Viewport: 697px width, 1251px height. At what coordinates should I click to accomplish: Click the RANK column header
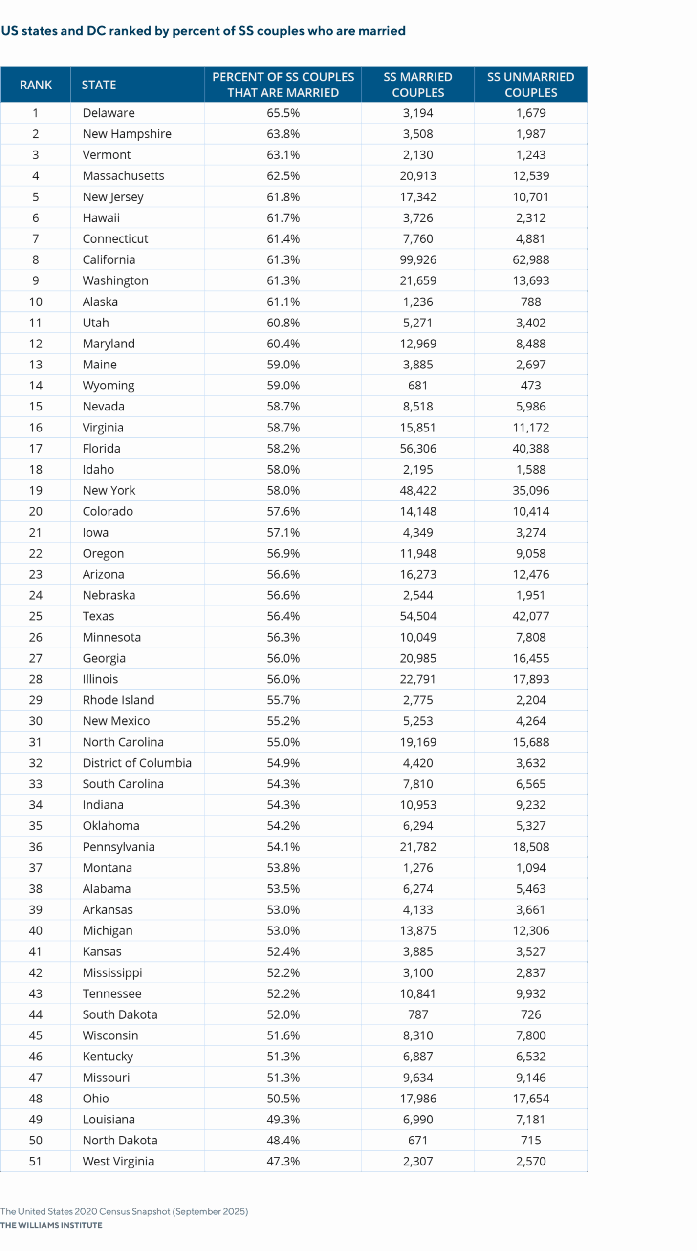point(36,85)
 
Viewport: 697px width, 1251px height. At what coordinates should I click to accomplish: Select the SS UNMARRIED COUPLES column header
point(531,85)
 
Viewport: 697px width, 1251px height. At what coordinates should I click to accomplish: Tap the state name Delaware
point(109,113)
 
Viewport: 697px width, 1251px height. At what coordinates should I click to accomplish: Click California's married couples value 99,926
point(418,259)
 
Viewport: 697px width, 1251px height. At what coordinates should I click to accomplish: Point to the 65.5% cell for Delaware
point(283,113)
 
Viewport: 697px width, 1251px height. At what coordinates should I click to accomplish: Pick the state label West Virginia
point(118,1161)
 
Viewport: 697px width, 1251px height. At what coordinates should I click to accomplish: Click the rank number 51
point(36,1161)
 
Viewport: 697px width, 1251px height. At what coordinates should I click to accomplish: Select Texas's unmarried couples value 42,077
point(531,616)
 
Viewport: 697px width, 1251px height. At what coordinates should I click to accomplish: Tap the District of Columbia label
point(137,763)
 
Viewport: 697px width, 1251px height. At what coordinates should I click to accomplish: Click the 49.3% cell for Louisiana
point(283,1119)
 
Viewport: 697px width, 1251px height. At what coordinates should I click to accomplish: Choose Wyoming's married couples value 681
point(418,386)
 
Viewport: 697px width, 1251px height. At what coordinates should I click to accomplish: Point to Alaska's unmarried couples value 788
point(531,302)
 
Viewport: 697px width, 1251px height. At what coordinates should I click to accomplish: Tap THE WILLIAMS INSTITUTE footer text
point(51,1225)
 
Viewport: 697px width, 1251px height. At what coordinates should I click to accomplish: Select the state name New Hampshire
point(127,134)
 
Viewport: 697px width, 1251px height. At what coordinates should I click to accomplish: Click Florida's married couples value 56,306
point(418,449)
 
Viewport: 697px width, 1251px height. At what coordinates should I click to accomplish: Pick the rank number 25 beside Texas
point(36,616)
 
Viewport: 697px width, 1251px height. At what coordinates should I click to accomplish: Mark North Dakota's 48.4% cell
point(283,1140)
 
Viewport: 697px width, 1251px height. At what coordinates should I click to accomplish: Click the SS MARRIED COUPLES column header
point(418,85)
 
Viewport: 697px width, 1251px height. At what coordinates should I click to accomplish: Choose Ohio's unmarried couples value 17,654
point(531,1099)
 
